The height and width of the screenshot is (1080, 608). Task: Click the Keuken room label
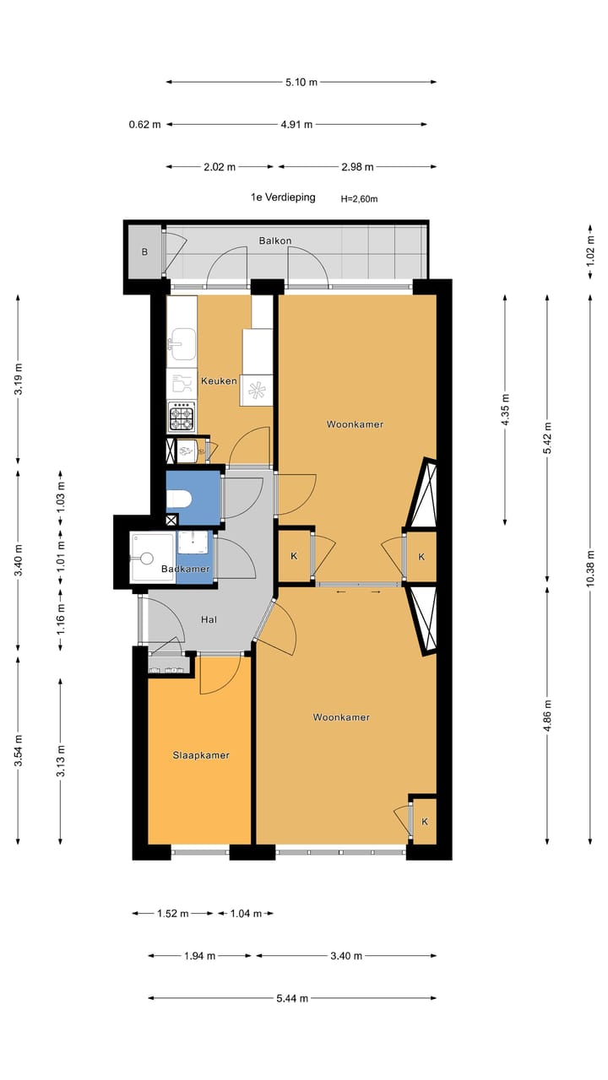pyautogui.click(x=219, y=381)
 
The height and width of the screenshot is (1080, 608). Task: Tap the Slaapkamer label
pyautogui.click(x=200, y=755)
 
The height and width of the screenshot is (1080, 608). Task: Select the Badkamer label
pyautogui.click(x=185, y=570)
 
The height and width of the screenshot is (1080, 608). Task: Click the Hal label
pyautogui.click(x=209, y=619)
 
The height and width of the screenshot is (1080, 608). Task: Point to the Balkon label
pyautogui.click(x=274, y=240)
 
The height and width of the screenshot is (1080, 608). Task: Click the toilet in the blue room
pyautogui.click(x=180, y=499)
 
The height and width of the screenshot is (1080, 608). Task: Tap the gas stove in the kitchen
pyautogui.click(x=182, y=417)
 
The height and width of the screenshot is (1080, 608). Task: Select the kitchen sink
pyautogui.click(x=182, y=343)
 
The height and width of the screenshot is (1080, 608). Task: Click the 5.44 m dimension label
pyautogui.click(x=291, y=998)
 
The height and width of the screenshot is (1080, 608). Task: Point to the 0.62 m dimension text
pyautogui.click(x=144, y=125)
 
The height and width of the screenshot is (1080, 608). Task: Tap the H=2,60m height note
pyautogui.click(x=359, y=199)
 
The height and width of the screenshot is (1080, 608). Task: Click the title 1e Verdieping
pyautogui.click(x=282, y=197)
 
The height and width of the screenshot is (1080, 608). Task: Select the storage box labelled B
pyautogui.click(x=144, y=251)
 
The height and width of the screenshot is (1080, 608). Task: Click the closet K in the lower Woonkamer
pyautogui.click(x=424, y=821)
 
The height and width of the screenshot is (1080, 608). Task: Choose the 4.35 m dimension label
pyautogui.click(x=505, y=410)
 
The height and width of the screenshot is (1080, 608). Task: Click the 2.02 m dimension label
pyautogui.click(x=220, y=167)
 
